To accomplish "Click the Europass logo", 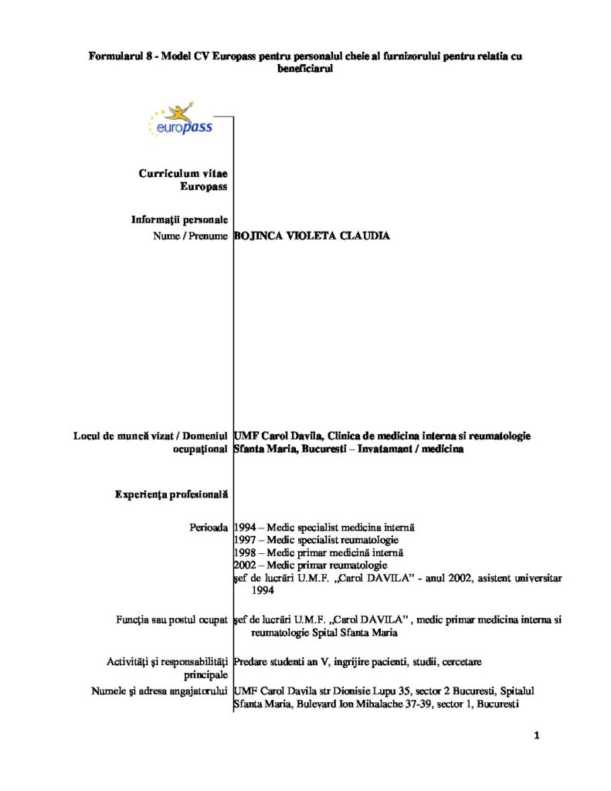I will [179, 120].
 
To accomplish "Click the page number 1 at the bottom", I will [536, 735].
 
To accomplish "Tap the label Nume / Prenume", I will [191, 236].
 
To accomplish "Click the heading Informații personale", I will [179, 219].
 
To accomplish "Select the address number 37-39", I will [422, 703].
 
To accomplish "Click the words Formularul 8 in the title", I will [116, 56].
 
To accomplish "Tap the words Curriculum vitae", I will [183, 174].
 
